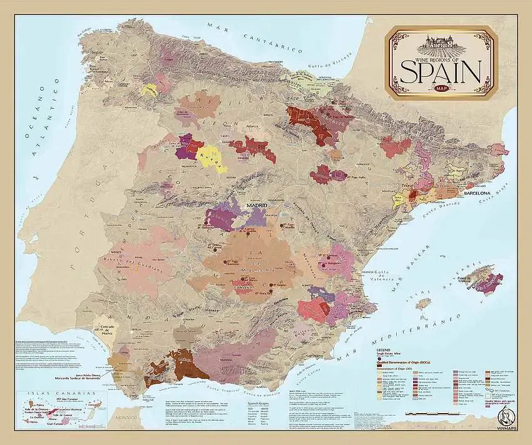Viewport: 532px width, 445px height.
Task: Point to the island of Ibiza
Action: pyautogui.click(x=424, y=304)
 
